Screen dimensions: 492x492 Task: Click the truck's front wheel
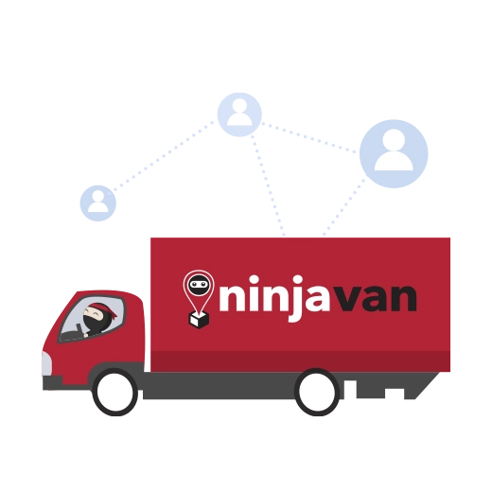coord(115,392)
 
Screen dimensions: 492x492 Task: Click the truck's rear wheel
coord(317,392)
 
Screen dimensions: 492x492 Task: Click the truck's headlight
coord(46,363)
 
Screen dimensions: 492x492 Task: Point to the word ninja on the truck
coord(274,297)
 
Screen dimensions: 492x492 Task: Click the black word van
coord(374,298)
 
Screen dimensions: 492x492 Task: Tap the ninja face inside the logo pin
coord(199,285)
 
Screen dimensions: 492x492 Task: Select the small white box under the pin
coord(199,319)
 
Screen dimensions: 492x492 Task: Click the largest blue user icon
coord(394,153)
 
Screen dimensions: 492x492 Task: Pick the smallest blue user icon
coord(98,203)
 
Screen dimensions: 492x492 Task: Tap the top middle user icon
coord(239,114)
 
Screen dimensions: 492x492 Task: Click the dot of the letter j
coord(297,280)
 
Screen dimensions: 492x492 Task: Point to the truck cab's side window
coord(92,319)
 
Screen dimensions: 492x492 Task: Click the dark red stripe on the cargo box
coord(300,361)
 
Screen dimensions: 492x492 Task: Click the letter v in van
coord(345,299)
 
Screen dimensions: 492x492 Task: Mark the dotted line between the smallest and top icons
coord(163,156)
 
